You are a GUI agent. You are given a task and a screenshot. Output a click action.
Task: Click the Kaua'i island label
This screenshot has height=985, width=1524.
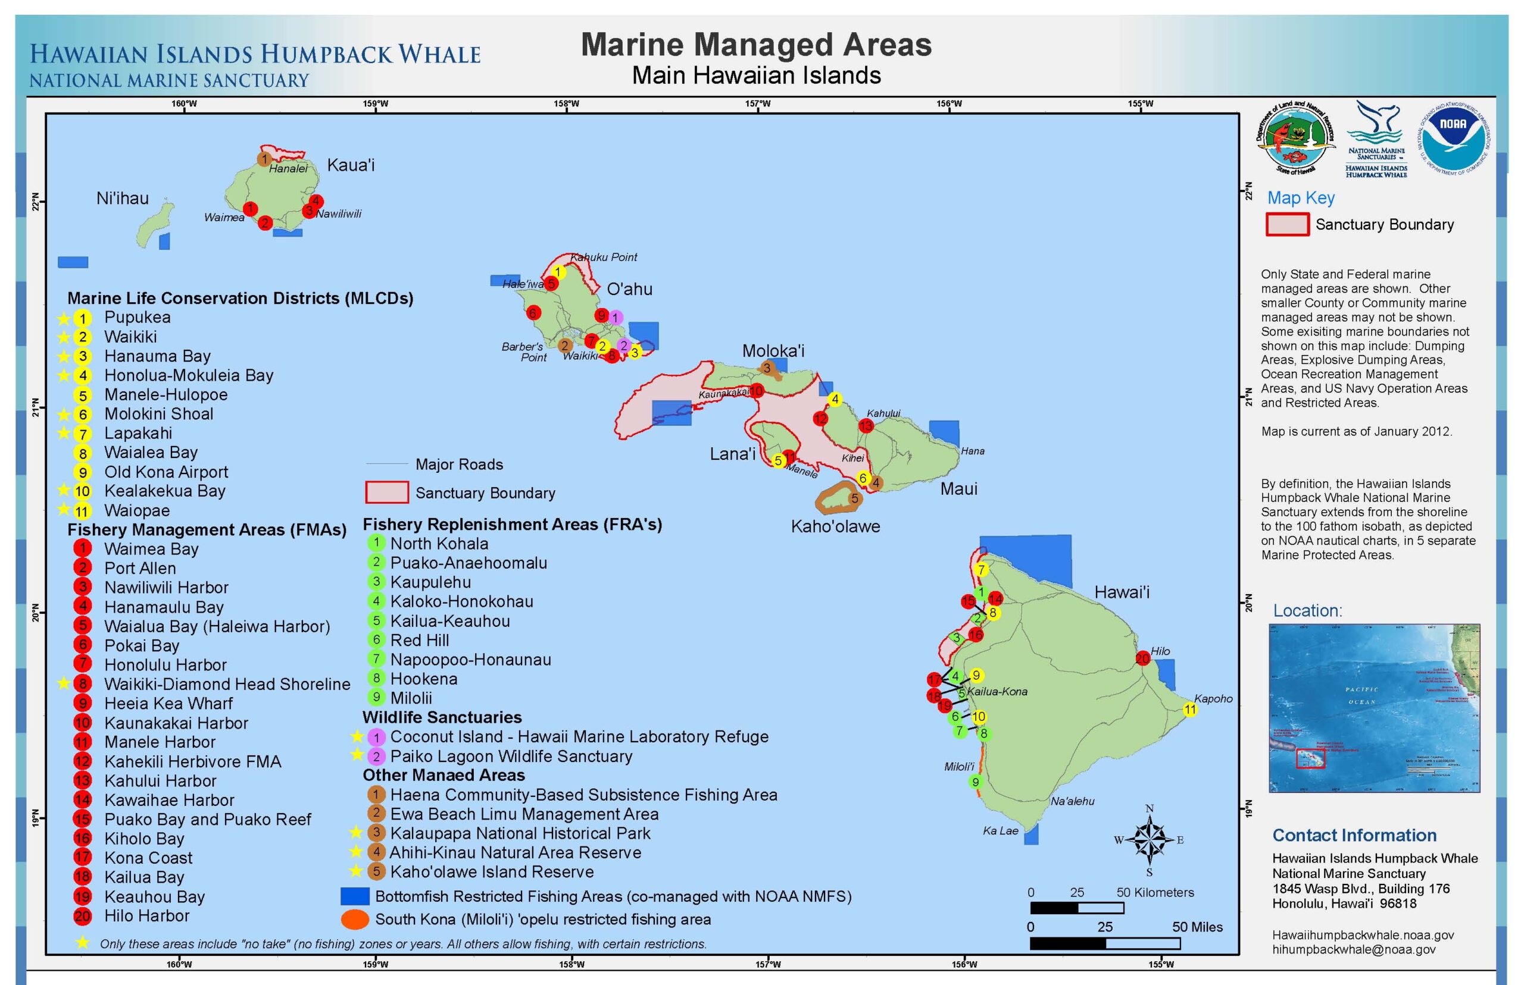tap(350, 165)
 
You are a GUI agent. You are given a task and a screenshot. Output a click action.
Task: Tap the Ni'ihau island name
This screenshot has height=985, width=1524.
tap(122, 198)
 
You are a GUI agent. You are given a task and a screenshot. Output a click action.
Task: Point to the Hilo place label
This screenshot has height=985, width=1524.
tap(1160, 651)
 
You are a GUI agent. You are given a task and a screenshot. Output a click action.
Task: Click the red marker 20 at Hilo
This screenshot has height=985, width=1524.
tap(1142, 658)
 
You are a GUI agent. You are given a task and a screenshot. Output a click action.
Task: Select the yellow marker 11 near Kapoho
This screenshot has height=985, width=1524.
tap(1189, 710)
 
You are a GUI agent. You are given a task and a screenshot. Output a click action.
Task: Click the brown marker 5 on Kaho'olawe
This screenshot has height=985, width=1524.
tap(854, 498)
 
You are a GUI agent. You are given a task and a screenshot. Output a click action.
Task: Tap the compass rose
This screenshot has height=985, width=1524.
tap(1149, 840)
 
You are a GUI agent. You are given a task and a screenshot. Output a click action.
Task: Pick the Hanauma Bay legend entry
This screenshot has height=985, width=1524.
tap(157, 356)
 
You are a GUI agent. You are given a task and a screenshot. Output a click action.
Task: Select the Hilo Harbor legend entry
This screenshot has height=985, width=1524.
tap(146, 916)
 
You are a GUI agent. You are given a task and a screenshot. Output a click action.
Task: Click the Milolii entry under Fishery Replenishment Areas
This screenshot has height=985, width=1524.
tap(411, 698)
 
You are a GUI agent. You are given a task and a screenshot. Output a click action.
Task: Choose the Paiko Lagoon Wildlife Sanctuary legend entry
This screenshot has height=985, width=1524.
tap(511, 756)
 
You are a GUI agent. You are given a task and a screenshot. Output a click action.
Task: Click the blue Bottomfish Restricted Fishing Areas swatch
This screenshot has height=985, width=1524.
tap(355, 896)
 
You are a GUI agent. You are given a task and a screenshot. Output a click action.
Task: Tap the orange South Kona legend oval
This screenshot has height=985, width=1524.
tap(355, 919)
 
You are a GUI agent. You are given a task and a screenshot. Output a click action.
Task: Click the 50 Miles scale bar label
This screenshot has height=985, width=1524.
tap(1197, 927)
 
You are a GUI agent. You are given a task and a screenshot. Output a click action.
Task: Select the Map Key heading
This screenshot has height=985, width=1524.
tap(1301, 197)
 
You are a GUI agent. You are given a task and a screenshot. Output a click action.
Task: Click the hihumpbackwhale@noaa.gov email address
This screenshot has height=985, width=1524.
tap(1353, 950)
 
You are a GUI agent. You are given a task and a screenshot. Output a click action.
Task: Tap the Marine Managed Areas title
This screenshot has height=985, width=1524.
tap(756, 45)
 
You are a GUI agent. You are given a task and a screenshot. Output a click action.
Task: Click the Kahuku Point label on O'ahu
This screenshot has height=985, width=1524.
tap(604, 257)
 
